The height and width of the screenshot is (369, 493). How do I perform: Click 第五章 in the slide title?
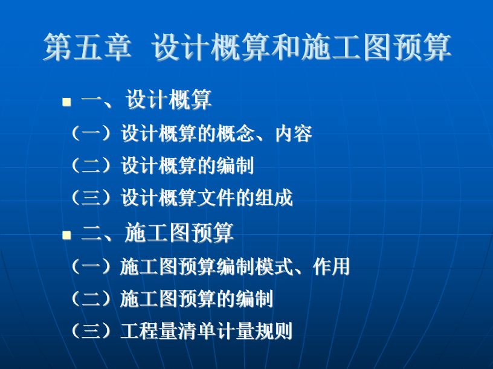coord(87,47)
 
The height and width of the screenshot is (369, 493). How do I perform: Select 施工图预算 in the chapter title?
coord(376,47)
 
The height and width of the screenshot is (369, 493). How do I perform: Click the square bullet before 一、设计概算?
coord(66,101)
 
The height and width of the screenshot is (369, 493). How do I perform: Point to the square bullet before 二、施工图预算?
coord(66,235)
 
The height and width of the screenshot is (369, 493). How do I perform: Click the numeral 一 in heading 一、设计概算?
coord(91,101)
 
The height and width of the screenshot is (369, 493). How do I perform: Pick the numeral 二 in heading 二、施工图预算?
coord(91,234)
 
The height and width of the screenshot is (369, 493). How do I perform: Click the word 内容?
coord(294,133)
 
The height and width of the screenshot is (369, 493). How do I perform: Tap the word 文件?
coord(216,197)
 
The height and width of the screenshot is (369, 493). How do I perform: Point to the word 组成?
coord(274,197)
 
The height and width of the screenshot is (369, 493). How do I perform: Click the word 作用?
coord(332,266)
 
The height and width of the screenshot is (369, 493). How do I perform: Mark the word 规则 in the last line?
coord(274,331)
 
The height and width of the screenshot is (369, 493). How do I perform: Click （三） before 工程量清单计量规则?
coord(91,331)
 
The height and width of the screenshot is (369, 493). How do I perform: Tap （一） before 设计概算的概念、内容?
coord(91,133)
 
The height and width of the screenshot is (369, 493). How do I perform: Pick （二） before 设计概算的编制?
coord(91,165)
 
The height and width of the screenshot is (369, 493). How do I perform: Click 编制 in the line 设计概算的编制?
coord(235,165)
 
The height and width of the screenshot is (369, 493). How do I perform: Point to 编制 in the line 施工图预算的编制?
coord(254,298)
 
